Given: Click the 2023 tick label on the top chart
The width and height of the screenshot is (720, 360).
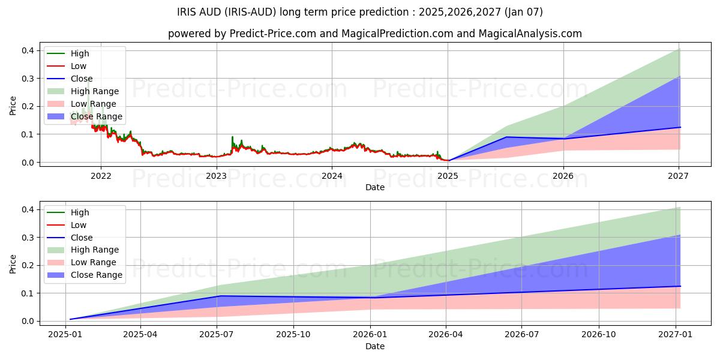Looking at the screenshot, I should tap(216, 176).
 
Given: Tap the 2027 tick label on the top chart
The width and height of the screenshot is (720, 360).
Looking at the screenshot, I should tap(678, 176).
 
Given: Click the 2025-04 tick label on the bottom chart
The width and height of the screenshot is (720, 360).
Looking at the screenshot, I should tap(140, 335).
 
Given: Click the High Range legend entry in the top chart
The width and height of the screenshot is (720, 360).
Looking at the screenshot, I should tap(95, 91).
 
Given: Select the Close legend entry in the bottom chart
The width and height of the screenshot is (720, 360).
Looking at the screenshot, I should tap(82, 238).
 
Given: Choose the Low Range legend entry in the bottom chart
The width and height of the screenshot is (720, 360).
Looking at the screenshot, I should tap(94, 262).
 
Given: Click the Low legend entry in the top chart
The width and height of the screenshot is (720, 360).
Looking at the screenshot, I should tap(79, 66).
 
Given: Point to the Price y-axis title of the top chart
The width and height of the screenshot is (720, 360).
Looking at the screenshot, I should tap(13, 106).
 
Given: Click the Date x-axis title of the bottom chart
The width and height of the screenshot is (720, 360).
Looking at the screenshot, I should tap(375, 346).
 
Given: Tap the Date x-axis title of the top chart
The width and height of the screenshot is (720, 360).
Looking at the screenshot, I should tap(375, 187).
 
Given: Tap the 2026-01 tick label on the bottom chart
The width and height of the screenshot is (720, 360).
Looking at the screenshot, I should tap(371, 335).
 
